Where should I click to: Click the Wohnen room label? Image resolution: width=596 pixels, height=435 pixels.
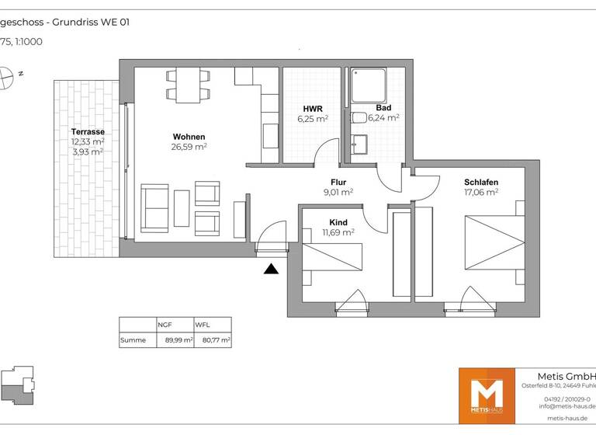[x=189, y=135]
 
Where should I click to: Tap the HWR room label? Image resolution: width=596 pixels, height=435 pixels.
[x=313, y=109]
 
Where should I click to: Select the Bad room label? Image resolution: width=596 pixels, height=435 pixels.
[x=383, y=108]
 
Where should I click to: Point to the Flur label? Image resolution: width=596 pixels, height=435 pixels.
[x=338, y=182]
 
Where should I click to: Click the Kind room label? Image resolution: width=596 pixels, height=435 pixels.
[x=338, y=222]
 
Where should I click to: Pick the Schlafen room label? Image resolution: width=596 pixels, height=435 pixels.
[x=481, y=182]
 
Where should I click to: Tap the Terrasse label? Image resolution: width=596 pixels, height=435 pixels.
[x=88, y=132]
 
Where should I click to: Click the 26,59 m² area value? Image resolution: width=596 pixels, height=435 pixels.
[x=189, y=146]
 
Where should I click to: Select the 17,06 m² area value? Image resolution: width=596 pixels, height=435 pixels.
[x=481, y=192]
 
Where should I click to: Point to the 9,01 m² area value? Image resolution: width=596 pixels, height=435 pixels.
[x=338, y=192]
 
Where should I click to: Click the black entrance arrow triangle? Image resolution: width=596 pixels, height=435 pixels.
[x=271, y=269]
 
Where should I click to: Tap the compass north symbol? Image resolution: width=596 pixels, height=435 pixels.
[x=7, y=76]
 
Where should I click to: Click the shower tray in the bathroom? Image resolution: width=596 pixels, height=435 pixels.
[x=369, y=85]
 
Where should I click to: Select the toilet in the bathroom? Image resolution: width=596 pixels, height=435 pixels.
[x=359, y=118]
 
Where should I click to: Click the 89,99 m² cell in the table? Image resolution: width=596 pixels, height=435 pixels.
[x=178, y=340]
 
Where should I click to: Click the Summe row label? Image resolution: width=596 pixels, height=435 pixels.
[x=133, y=340]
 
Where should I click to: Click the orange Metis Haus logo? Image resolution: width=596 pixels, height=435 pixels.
[x=487, y=395]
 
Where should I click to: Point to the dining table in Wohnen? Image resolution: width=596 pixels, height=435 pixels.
[x=188, y=85]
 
